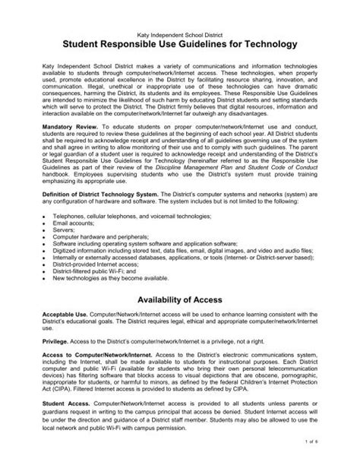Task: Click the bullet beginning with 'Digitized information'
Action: point(175,263)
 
